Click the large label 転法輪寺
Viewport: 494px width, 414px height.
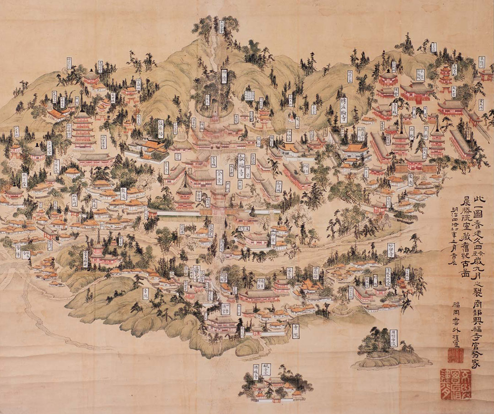[344, 108]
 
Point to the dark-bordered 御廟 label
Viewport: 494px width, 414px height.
[224, 76]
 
